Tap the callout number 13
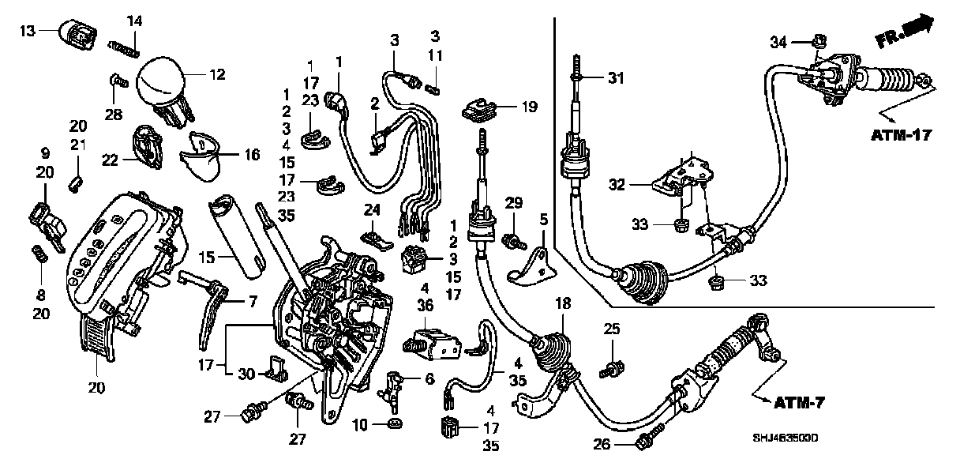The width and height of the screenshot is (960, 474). point(28,31)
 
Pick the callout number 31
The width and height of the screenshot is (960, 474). point(616,77)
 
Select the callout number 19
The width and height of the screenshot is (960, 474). point(528,106)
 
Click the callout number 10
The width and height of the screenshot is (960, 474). point(360,426)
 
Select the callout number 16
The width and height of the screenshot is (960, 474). point(251,156)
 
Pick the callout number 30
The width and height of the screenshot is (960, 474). point(246,374)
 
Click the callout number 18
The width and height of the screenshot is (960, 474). point(563,303)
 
